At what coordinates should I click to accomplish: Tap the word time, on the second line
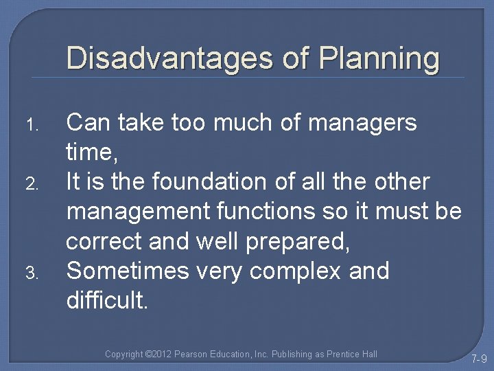pyautogui.click(x=89, y=153)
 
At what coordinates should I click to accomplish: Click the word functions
pyautogui.click(x=261, y=212)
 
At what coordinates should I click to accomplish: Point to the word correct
pyautogui.click(x=108, y=242)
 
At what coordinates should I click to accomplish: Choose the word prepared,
pyautogui.click(x=300, y=242)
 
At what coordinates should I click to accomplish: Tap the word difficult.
pyautogui.click(x=106, y=300)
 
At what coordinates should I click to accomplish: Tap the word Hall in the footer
pyautogui.click(x=368, y=354)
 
